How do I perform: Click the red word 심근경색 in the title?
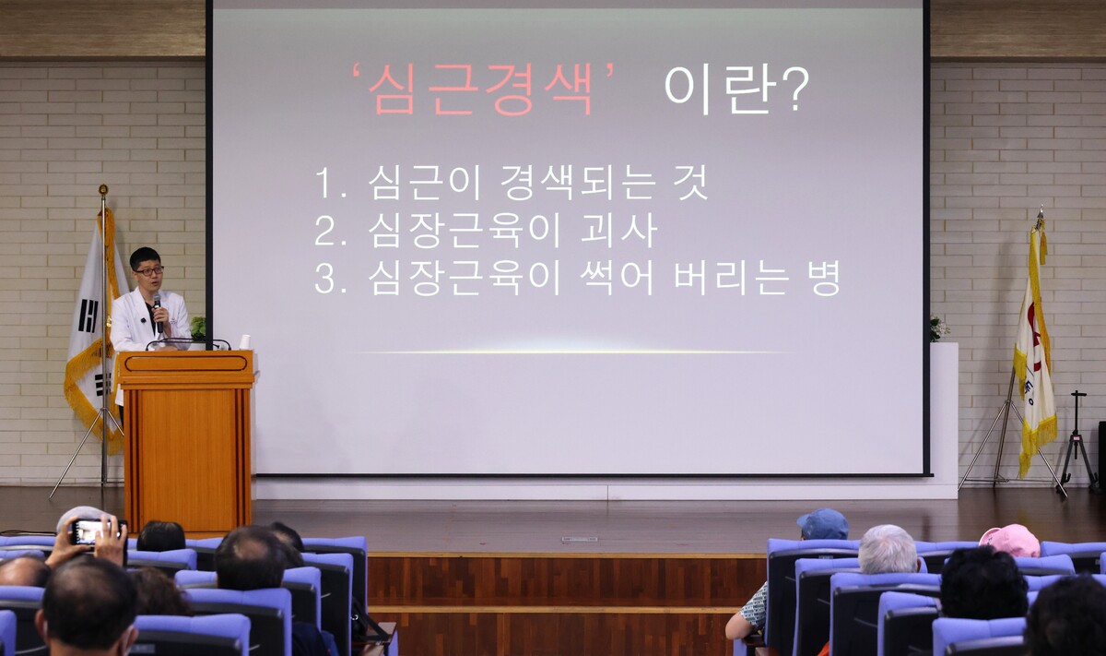[x=480, y=89]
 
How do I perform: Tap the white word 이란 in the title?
[x=717, y=89]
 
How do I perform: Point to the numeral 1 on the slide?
[x=324, y=183]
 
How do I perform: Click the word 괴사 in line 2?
[x=618, y=231]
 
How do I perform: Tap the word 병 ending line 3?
[x=823, y=279]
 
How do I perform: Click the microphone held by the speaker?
[x=158, y=312]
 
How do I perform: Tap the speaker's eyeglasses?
[x=149, y=271]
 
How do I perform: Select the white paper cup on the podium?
[x=245, y=342]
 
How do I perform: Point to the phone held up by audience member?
[x=88, y=531]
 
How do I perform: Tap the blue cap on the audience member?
[x=822, y=523]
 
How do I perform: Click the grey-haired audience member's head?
[x=888, y=549]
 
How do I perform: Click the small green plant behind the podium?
[x=197, y=328]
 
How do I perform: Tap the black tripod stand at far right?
[x=1078, y=440]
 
